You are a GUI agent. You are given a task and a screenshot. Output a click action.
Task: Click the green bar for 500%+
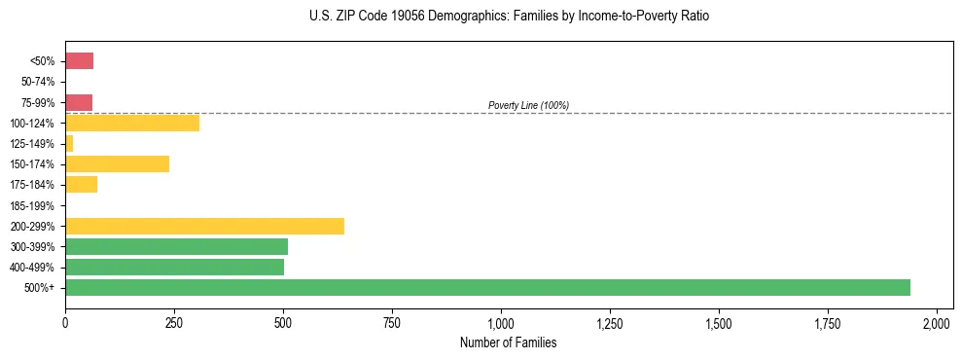point(487,287)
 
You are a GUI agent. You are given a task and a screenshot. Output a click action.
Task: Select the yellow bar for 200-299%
point(204,226)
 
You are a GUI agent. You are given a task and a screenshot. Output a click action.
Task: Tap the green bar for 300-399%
point(176,246)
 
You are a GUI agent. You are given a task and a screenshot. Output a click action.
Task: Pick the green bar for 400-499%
point(174,267)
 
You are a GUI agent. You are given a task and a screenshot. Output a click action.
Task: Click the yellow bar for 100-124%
point(132,123)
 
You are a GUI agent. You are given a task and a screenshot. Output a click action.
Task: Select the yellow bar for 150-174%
point(117,163)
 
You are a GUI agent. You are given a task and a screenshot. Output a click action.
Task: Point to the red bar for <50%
point(79,61)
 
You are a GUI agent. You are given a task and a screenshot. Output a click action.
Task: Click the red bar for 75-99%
point(79,102)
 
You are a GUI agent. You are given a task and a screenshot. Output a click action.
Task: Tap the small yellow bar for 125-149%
point(69,143)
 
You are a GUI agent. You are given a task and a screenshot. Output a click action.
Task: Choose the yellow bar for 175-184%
point(81,184)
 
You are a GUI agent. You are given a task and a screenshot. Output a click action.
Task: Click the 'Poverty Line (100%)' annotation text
point(528,105)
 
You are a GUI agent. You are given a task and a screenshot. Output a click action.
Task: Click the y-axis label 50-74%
point(38,82)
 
